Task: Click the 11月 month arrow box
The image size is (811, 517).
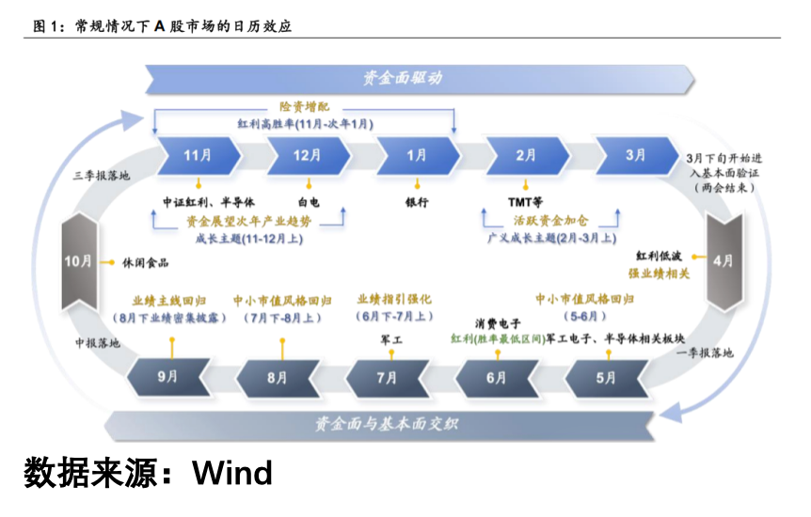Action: pos(198,155)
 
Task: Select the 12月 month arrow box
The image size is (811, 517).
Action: pos(307,155)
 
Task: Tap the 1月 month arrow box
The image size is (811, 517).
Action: pos(417,155)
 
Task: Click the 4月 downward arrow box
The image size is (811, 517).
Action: pos(723,261)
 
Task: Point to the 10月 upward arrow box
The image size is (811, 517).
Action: pos(79,261)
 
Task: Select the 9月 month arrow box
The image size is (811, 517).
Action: pos(167,377)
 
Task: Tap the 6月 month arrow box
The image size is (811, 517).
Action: pos(497,377)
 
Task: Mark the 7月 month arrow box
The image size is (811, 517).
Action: pos(387,377)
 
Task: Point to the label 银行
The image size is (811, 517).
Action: pos(417,201)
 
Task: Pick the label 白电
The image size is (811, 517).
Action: pos(308,201)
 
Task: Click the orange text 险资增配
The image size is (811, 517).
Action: pos(305,107)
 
